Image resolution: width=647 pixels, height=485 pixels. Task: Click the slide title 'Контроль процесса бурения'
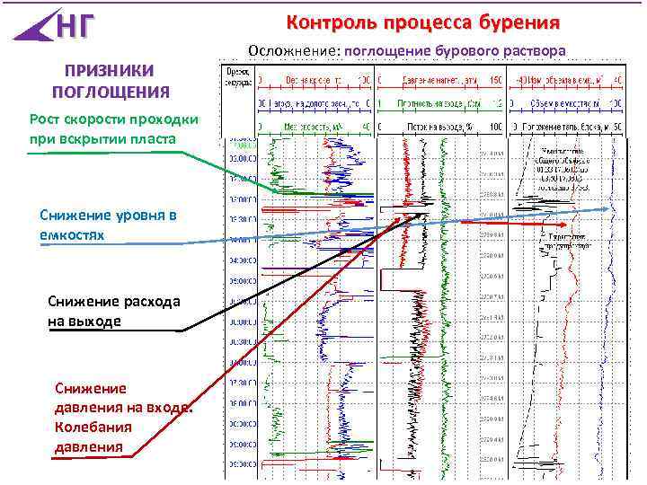(422, 21)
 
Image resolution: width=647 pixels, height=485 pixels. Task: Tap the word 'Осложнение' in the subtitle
(293, 50)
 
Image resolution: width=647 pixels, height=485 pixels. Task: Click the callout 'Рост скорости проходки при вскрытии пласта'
(107, 128)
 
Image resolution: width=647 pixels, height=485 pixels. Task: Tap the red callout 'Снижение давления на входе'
(123, 398)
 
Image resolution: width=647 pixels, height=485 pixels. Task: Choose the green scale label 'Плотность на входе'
(440, 103)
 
